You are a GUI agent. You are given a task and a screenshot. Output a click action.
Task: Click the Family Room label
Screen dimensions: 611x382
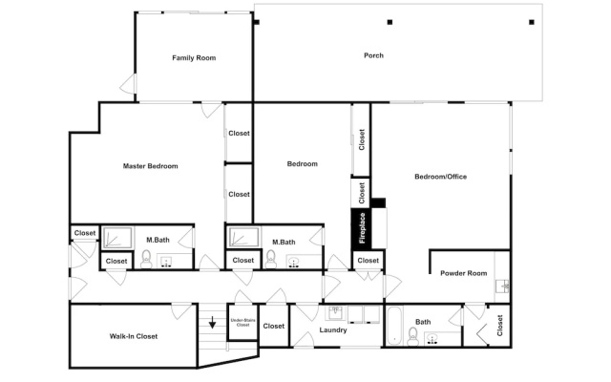pyautogui.click(x=194, y=57)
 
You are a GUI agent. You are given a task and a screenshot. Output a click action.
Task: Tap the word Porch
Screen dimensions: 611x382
pyautogui.click(x=373, y=55)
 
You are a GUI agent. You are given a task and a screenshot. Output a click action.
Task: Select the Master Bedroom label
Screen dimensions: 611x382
pyautogui.click(x=151, y=166)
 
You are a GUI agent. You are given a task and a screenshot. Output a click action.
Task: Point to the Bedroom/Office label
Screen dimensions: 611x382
pyautogui.click(x=440, y=177)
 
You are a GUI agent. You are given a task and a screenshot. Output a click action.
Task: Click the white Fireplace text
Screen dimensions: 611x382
pyautogui.click(x=362, y=228)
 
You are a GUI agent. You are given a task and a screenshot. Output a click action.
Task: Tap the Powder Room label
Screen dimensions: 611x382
pyautogui.click(x=463, y=273)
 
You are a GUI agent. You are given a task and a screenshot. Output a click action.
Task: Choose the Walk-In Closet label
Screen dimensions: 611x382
pyautogui.click(x=134, y=336)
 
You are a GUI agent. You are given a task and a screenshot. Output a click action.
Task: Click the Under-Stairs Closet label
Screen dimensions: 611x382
pyautogui.click(x=242, y=323)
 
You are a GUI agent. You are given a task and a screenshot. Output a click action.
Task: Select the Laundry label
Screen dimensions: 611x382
pyautogui.click(x=333, y=330)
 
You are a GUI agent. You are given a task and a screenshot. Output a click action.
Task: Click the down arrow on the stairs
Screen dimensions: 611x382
pyautogui.click(x=212, y=323)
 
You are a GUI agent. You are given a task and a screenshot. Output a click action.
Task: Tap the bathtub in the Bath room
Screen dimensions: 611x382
pyautogui.click(x=394, y=326)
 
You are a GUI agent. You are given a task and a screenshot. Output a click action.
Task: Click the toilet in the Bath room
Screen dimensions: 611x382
pyautogui.click(x=412, y=336)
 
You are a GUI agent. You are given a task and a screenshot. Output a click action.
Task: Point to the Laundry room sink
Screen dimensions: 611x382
pyautogui.click(x=335, y=313)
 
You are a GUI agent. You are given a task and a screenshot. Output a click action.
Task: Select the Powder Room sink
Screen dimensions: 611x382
pyautogui.click(x=503, y=286)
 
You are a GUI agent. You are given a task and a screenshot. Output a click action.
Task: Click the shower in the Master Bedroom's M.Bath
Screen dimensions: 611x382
pyautogui.click(x=117, y=238)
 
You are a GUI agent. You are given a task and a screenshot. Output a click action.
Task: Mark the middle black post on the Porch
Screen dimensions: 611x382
pyautogui.click(x=390, y=22)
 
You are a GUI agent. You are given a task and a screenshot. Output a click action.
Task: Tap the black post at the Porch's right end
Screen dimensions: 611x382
pyautogui.click(x=532, y=22)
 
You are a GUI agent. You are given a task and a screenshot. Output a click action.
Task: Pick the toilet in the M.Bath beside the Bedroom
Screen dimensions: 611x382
pyautogui.click(x=270, y=259)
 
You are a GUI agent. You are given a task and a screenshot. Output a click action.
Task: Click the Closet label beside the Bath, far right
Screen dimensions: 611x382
pyautogui.click(x=500, y=326)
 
